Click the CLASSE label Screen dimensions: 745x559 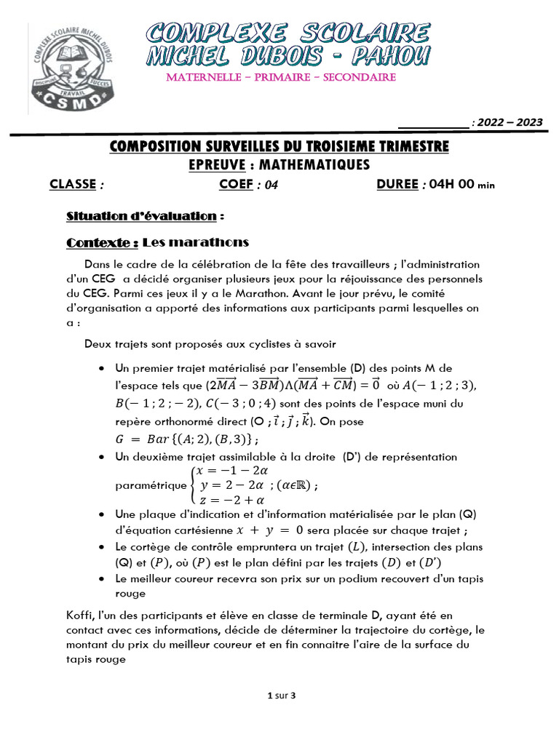(x=73, y=184)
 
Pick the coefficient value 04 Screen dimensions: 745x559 (x=271, y=185)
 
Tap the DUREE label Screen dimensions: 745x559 (x=397, y=184)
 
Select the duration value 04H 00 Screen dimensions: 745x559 (x=450, y=185)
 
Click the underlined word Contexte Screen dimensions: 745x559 (x=101, y=242)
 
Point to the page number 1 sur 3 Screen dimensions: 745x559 (x=282, y=696)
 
